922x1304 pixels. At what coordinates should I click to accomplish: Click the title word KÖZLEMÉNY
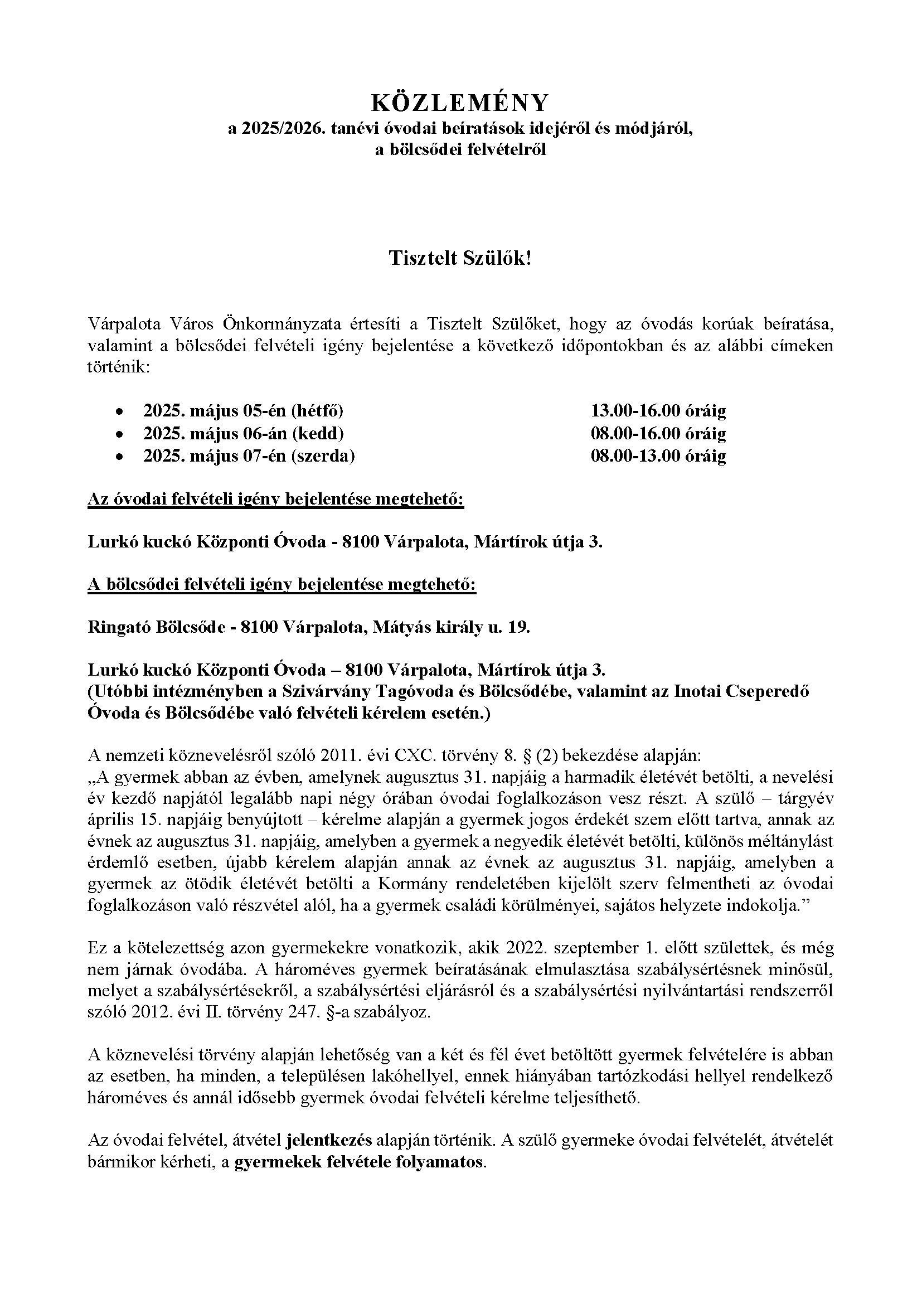(x=460, y=103)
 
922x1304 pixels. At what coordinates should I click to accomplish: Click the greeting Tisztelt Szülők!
(x=460, y=259)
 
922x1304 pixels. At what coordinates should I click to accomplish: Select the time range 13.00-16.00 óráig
(x=658, y=411)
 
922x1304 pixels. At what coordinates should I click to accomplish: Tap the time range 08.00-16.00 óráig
(x=658, y=433)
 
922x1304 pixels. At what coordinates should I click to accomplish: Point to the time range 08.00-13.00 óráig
(x=658, y=456)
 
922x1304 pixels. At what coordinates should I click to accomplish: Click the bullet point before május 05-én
(x=119, y=412)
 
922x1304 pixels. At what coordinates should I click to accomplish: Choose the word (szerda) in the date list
(x=323, y=456)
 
